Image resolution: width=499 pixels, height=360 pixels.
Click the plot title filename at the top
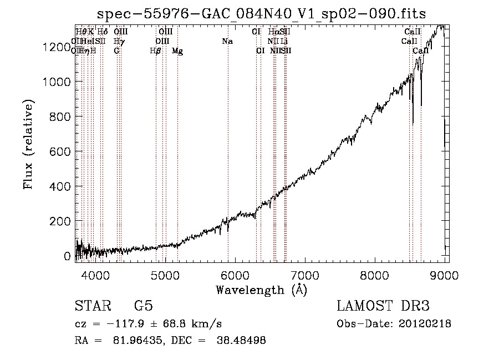click(261, 13)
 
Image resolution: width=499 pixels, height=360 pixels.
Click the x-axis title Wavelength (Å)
click(261, 290)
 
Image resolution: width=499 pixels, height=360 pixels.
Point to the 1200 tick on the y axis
click(57, 47)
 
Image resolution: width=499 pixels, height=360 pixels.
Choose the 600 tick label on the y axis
click(60, 151)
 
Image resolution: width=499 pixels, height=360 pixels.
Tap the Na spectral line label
click(227, 42)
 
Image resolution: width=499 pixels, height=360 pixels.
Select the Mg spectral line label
click(177, 51)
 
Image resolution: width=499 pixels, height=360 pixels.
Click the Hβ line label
click(156, 51)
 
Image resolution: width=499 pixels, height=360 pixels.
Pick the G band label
click(116, 51)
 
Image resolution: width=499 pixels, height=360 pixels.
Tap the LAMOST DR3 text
click(383, 306)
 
